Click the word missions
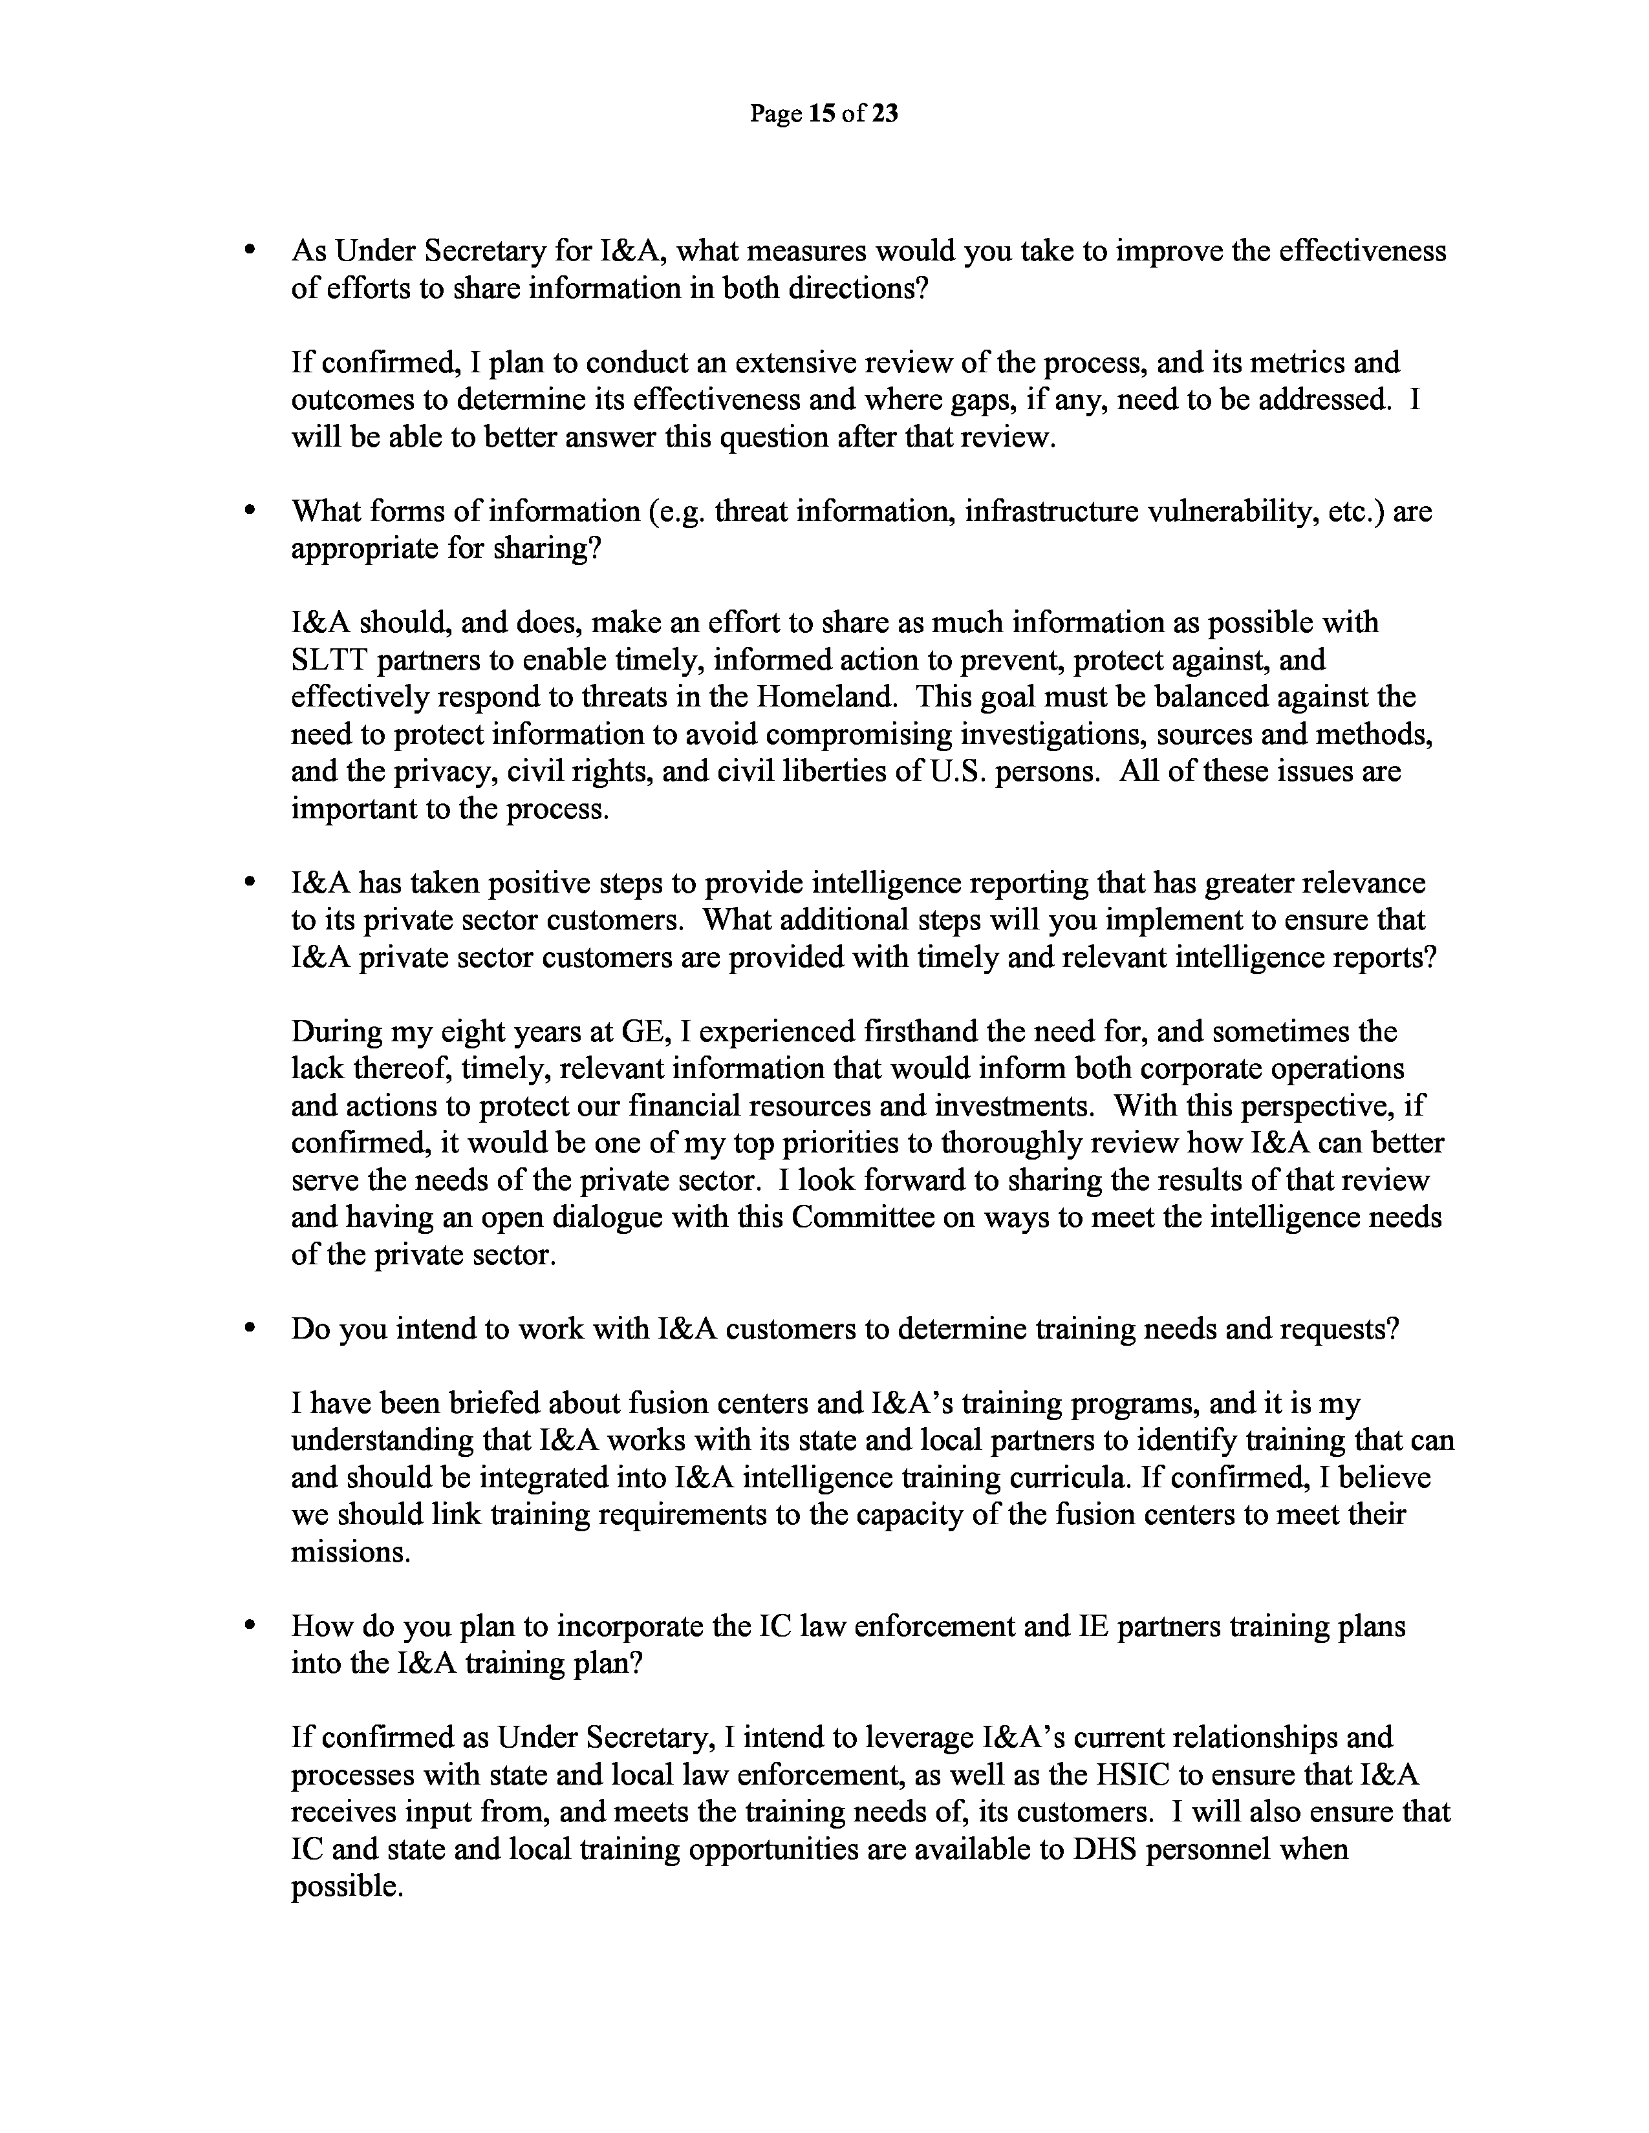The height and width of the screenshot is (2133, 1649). (x=350, y=1552)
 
